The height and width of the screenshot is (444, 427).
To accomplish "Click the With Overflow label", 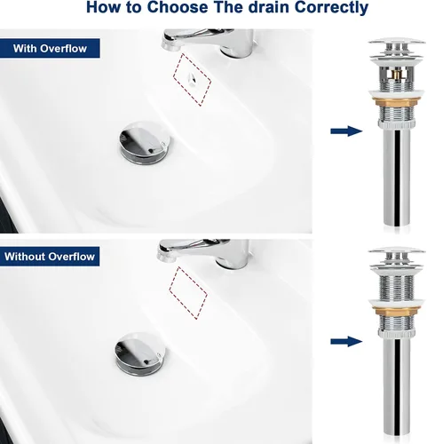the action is click(50, 48).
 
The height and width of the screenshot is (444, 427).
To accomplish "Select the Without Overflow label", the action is click(50, 257).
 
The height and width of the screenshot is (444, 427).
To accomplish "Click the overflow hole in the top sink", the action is click(191, 79).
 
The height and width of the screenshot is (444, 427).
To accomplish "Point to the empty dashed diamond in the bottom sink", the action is click(188, 293).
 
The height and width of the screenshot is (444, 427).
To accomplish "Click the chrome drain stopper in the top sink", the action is click(145, 142).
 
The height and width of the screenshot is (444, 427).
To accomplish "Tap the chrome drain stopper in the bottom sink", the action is click(140, 354).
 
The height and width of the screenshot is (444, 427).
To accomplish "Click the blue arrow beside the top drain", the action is click(346, 131).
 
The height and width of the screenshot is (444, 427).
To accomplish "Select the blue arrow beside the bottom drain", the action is click(346, 342).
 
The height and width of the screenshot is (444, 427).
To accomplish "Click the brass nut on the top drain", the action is click(397, 102).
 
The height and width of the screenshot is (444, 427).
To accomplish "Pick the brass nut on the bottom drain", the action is click(397, 312).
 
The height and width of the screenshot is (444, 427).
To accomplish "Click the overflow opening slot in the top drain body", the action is click(397, 74).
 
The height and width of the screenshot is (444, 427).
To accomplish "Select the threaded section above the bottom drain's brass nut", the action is click(397, 287).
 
